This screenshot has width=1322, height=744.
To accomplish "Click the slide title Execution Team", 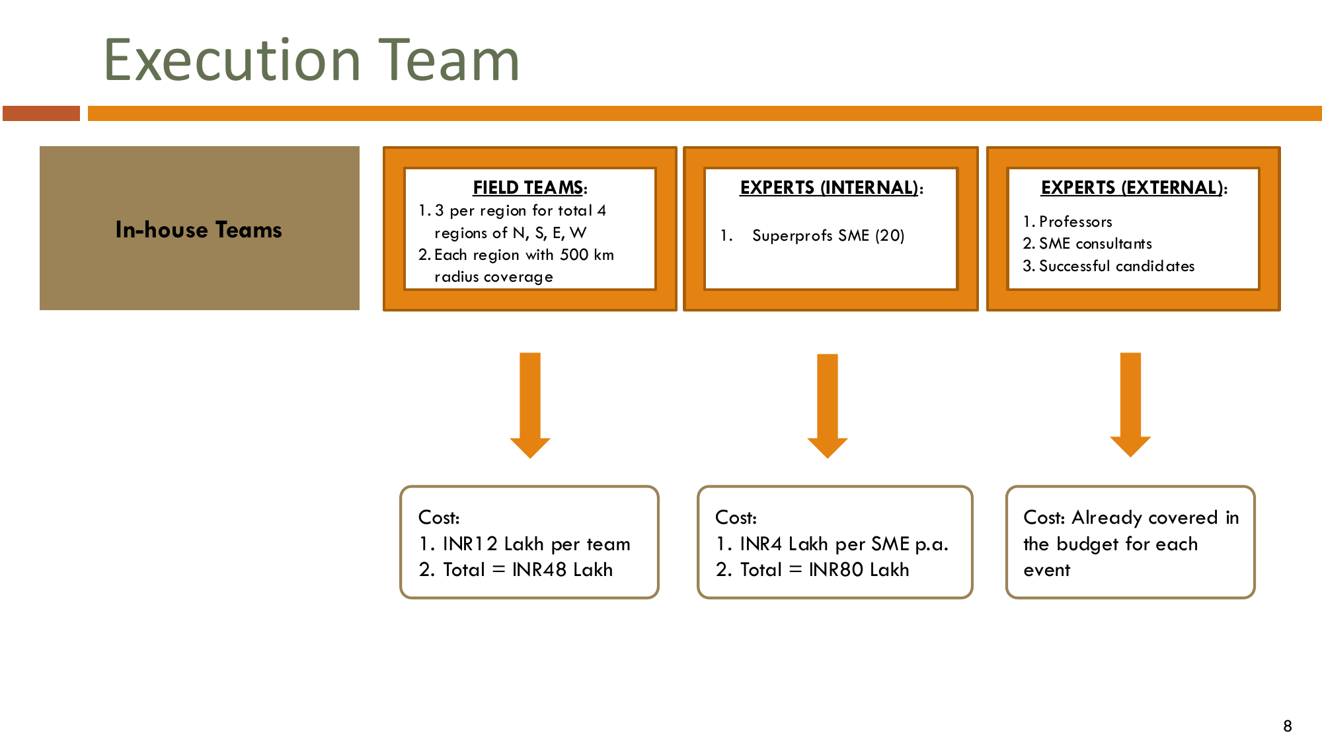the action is coord(311,60).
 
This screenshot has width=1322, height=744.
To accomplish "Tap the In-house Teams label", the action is coord(198,229).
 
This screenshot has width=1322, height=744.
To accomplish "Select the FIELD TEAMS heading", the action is coord(529,188).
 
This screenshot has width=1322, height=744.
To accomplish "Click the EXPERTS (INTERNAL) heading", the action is coord(831,188).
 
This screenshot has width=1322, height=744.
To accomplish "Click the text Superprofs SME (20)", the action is coord(828,235).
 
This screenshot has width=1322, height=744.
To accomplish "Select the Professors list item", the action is coord(1075,222).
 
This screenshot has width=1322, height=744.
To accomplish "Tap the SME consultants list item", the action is coord(1095,243).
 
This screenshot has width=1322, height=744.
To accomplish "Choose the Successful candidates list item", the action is coord(1116,266).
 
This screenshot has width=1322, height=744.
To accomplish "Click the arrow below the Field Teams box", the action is coord(530,405).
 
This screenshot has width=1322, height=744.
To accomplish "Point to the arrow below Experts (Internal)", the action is coord(828,405).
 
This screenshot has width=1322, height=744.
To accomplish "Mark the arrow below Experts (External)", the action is coord(1130,405).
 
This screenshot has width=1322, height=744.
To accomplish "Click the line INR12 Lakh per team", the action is coord(536,544).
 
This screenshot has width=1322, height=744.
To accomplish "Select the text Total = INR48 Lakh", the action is coord(527,569).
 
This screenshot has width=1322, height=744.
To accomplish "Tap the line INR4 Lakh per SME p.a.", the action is coord(844,544).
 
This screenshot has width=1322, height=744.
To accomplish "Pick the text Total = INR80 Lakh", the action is coord(824,569).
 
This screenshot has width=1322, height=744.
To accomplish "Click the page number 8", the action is coord(1288,726).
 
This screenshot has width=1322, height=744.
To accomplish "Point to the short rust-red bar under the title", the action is coord(41,113).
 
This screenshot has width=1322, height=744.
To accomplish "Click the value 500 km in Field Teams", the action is coord(587,255).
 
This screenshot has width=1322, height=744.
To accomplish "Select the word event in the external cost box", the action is coord(1046,570).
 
